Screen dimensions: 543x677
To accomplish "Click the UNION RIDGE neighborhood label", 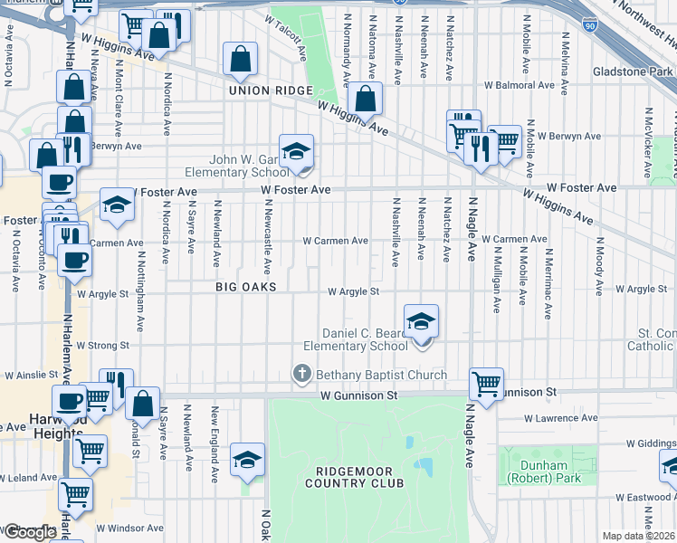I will (x=270, y=90).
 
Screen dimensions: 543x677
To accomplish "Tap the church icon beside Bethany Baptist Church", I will (x=301, y=374).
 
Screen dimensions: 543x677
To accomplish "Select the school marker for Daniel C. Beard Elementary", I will (x=421, y=323).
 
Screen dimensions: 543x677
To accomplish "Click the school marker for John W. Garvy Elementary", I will (x=296, y=152).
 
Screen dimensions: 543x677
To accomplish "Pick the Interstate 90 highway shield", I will (x=590, y=24).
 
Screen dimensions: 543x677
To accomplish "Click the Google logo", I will (x=29, y=532).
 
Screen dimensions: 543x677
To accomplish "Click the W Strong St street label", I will (x=103, y=345).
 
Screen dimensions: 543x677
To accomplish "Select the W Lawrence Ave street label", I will (x=561, y=419).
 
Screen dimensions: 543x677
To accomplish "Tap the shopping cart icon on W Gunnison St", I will (x=487, y=384).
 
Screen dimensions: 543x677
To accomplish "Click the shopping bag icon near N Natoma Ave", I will (x=365, y=100).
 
